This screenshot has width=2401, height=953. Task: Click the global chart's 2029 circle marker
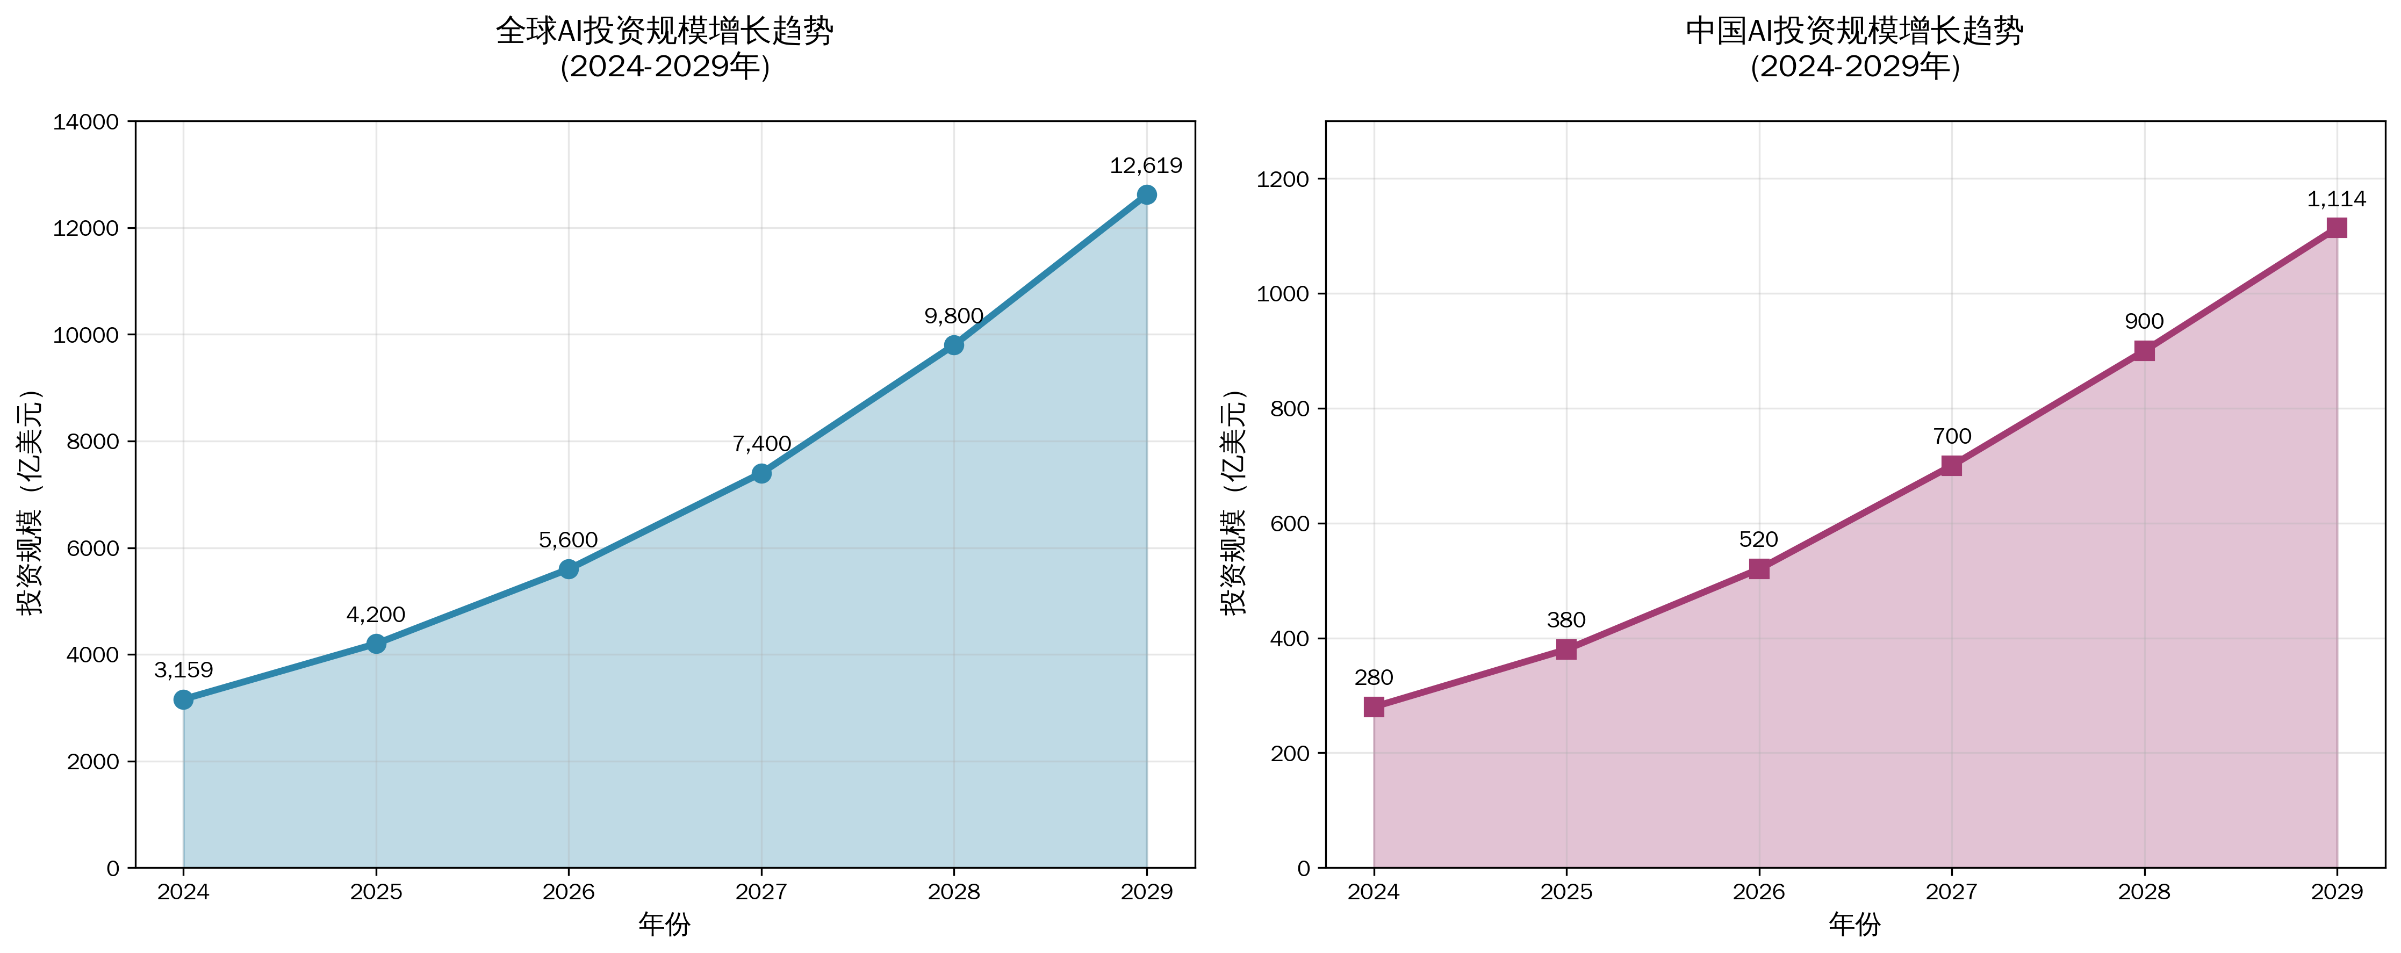click(x=1146, y=194)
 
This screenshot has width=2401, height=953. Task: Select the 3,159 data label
click(x=184, y=670)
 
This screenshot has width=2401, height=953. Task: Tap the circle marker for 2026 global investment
click(x=569, y=569)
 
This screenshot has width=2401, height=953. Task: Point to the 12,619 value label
click(x=1146, y=166)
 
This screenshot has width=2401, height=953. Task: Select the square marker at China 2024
click(x=1374, y=707)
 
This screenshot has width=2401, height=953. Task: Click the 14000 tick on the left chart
click(x=86, y=122)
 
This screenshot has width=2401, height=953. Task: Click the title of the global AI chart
click(x=665, y=48)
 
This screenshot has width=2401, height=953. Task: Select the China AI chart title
click(x=1855, y=48)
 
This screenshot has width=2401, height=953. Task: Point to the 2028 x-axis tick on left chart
click(x=953, y=892)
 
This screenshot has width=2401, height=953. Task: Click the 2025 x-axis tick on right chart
click(x=1566, y=892)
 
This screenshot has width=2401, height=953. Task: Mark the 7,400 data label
click(x=761, y=444)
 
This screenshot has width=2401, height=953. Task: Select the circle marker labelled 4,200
click(x=376, y=644)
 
